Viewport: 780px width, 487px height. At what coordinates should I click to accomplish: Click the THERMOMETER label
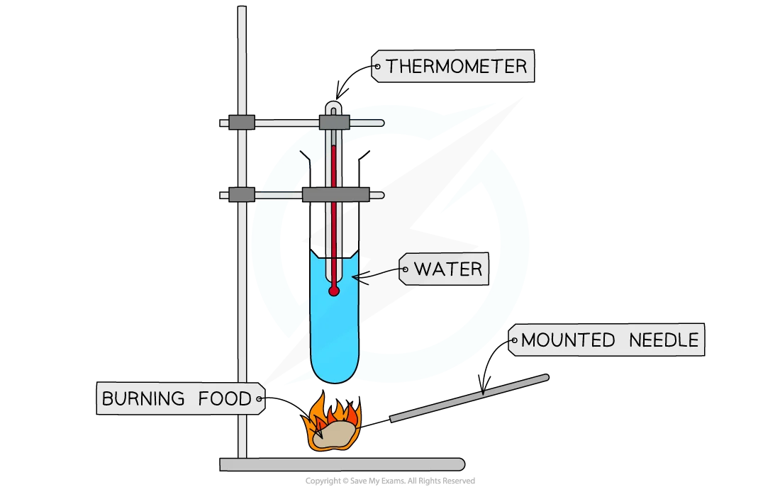(x=456, y=67)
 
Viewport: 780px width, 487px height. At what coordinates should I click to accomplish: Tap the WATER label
(x=447, y=269)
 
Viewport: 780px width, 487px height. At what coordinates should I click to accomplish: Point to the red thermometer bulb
(x=333, y=290)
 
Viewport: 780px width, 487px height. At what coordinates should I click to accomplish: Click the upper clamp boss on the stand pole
(x=242, y=123)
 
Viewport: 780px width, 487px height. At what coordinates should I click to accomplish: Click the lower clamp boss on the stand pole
(x=242, y=194)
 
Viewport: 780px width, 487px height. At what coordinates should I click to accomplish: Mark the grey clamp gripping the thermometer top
(x=334, y=123)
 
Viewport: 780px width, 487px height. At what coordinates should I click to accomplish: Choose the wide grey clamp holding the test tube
(x=335, y=194)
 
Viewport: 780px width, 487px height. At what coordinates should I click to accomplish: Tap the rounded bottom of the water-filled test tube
(x=335, y=372)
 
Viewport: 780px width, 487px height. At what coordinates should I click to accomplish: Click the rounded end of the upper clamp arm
(x=381, y=123)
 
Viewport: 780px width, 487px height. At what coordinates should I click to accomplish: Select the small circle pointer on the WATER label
(x=405, y=269)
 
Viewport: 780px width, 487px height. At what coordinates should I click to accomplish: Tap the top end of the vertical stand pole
(x=242, y=11)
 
